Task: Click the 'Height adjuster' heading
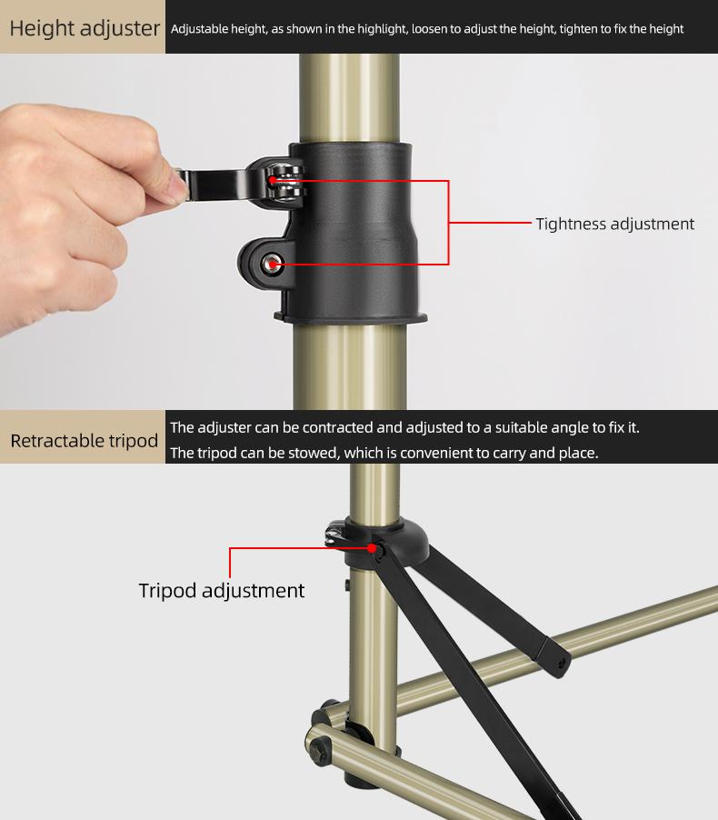[x=85, y=27]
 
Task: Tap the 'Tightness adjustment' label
[x=614, y=224]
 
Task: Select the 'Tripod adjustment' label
[x=222, y=590]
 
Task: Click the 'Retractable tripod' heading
[x=85, y=441]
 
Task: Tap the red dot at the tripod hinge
[x=374, y=547]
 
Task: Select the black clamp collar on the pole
[x=359, y=227]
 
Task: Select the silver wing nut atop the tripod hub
[x=334, y=533]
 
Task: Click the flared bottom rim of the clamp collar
[x=351, y=317]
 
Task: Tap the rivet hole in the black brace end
[x=556, y=665]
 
